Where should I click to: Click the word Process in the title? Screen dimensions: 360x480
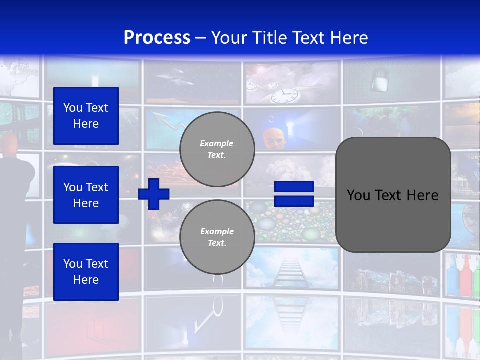[157, 38]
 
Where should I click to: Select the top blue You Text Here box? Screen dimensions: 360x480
[86, 116]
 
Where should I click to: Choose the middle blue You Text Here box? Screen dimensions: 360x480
[86, 195]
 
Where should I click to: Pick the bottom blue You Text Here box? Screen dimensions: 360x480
[86, 271]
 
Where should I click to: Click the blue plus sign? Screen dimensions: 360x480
[154, 194]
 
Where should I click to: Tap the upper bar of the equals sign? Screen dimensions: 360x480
[294, 187]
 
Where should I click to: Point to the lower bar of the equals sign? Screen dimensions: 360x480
[294, 201]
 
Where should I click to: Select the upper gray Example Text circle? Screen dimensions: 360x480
[217, 149]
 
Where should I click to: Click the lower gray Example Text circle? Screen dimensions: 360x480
[217, 237]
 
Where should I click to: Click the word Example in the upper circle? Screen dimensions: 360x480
[216, 143]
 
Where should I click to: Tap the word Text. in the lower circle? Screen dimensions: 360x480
[216, 243]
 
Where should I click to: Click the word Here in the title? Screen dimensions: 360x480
[349, 38]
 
